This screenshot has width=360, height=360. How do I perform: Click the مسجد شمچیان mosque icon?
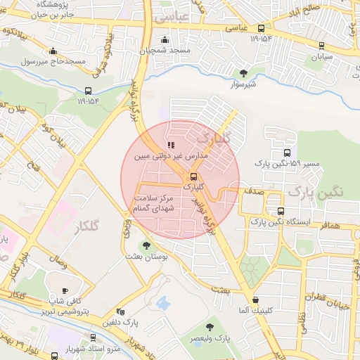[x=165, y=39]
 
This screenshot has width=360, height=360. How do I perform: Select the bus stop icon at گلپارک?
[x=193, y=176]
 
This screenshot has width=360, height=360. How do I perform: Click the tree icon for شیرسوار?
[x=243, y=73]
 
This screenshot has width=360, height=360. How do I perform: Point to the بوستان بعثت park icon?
[x=146, y=246]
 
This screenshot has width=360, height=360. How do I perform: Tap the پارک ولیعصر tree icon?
[x=210, y=327]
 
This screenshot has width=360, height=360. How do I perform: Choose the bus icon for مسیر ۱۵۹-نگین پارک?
[x=286, y=153]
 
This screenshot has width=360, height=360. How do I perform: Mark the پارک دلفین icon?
[x=120, y=312]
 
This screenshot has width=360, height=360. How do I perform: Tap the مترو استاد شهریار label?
[x=70, y=349]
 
